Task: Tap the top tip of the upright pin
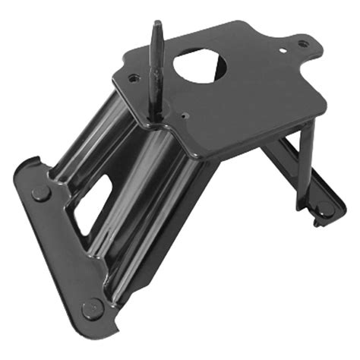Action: pos(156,24)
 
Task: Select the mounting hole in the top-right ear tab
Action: pos(302,44)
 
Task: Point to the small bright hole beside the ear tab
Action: pos(283,52)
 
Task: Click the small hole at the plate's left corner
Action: pos(134,77)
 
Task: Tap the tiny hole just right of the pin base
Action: pos(185,117)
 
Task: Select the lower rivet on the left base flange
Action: pos(93,308)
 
